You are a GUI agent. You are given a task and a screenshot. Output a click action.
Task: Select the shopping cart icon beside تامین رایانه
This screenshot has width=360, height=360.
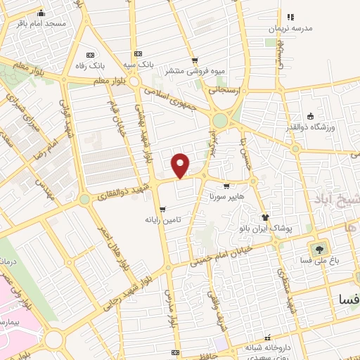click(162, 210)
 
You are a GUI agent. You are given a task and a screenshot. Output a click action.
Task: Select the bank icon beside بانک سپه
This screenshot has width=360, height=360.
click(138, 54)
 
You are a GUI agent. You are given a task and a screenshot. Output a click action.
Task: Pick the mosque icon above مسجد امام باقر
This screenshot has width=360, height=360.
click(41, 12)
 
